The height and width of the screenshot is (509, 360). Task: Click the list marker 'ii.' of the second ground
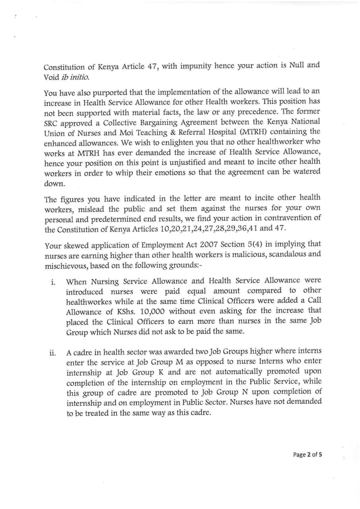tap(52, 353)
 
